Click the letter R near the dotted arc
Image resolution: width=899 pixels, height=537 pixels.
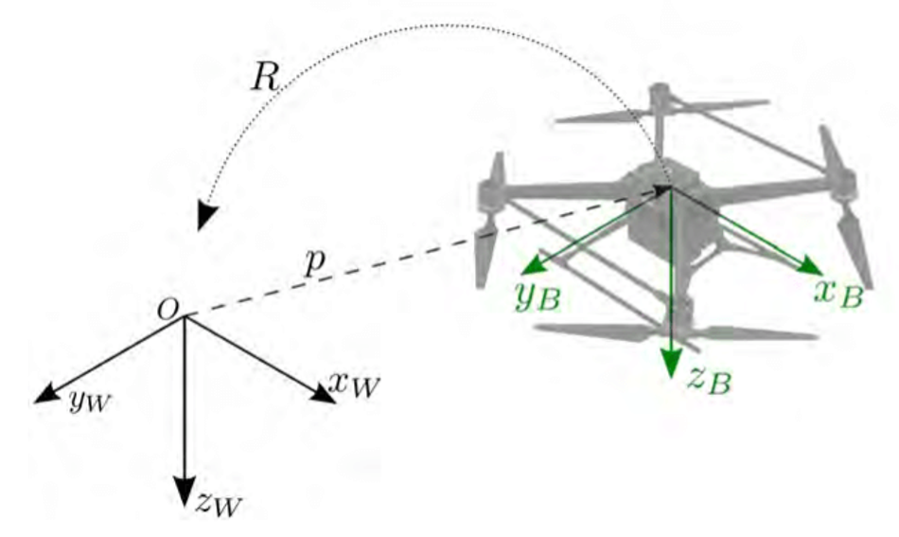pyautogui.click(x=264, y=77)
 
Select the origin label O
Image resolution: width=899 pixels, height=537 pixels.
pyautogui.click(x=167, y=311)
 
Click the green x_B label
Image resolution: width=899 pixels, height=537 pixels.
pyautogui.click(x=838, y=293)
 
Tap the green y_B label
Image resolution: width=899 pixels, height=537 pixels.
pyautogui.click(x=538, y=296)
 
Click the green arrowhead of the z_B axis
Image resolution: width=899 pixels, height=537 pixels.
pyautogui.click(x=671, y=362)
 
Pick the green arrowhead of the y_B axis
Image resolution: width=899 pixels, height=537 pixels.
pyautogui.click(x=536, y=264)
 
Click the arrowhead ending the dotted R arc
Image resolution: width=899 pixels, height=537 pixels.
pyautogui.click(x=206, y=216)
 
